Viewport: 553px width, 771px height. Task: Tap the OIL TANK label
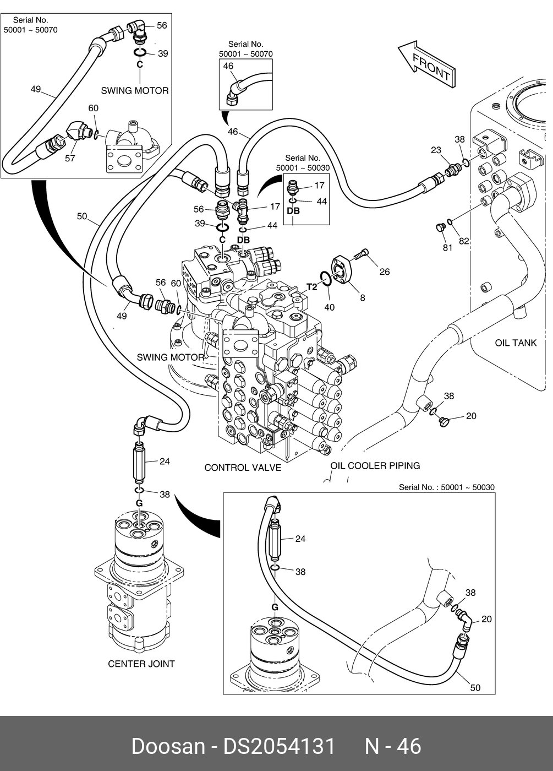pos(516,343)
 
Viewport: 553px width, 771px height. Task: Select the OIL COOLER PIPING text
pos(375,465)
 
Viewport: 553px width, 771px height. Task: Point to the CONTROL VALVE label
pos(243,468)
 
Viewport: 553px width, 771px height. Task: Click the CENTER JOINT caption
pos(141,664)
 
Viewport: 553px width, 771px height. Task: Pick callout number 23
pos(436,150)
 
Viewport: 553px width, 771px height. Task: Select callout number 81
pos(447,247)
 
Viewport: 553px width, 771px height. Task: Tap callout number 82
pos(464,241)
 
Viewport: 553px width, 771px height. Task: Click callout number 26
pos(384,272)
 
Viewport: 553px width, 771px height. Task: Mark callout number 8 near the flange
pos(362,298)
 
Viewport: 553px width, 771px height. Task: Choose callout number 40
pos(329,307)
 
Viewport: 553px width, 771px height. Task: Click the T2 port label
pos(311,287)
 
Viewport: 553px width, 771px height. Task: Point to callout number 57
pos(70,159)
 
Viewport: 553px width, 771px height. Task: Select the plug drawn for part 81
pos(439,227)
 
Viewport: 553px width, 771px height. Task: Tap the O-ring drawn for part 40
pos(325,279)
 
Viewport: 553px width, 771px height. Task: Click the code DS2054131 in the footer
pos(278,746)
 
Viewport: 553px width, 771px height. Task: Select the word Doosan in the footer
pos(167,746)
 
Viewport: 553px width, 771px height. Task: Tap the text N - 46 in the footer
pos(393,746)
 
